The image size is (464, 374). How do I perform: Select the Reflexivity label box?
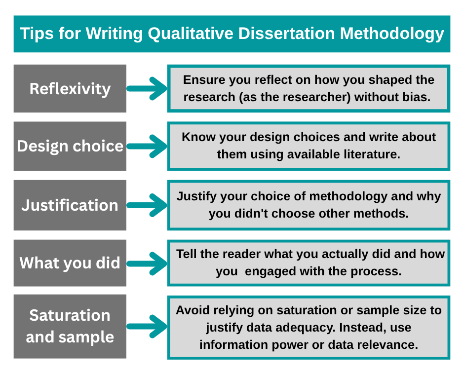(x=70, y=89)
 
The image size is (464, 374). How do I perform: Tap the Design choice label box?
(x=70, y=146)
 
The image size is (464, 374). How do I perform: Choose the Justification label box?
(x=70, y=205)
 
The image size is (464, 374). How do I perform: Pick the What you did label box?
(x=70, y=262)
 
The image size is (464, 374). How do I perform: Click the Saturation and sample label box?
(x=70, y=326)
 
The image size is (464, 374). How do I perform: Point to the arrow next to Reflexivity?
(x=147, y=89)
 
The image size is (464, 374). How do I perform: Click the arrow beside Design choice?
(x=147, y=146)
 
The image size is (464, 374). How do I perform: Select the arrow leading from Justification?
(x=147, y=205)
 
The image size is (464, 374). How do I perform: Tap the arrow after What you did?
(x=147, y=262)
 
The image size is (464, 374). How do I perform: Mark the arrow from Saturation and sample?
(x=147, y=326)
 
